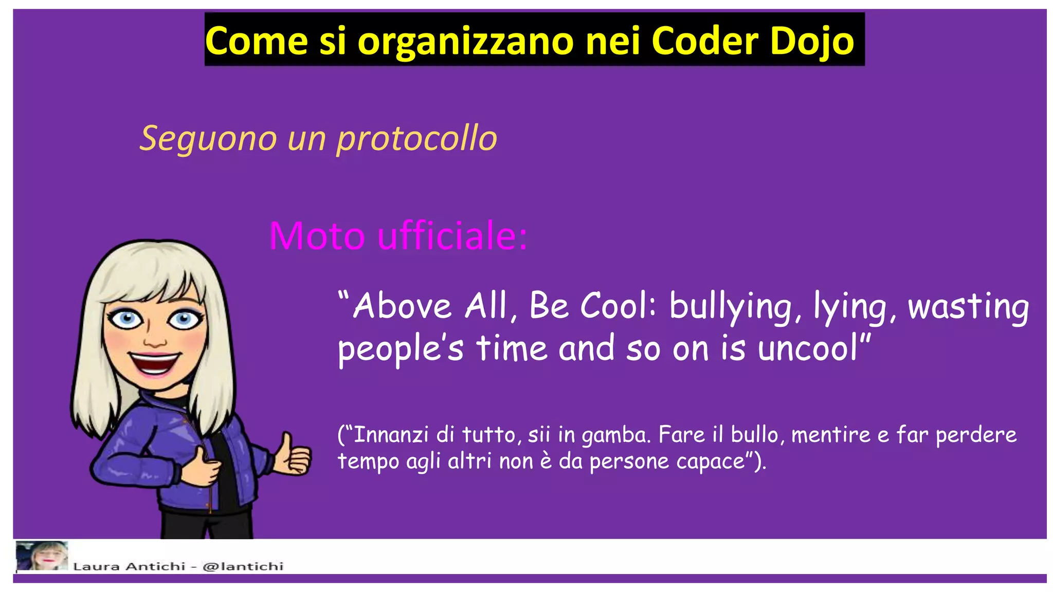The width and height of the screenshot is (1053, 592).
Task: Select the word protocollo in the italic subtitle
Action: pyautogui.click(x=416, y=139)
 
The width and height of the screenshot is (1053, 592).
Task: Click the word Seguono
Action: pyautogui.click(x=208, y=139)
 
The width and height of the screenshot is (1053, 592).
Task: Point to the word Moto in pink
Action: pyautogui.click(x=317, y=236)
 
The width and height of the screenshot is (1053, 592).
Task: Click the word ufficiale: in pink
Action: pyautogui.click(x=452, y=236)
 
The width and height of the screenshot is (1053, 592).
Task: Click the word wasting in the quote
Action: pyautogui.click(x=968, y=307)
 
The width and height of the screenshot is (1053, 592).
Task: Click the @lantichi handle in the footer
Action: pyautogui.click(x=243, y=566)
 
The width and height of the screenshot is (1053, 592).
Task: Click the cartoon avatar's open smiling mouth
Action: pyautogui.click(x=154, y=363)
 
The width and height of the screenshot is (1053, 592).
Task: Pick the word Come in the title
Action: pyautogui.click(x=256, y=41)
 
